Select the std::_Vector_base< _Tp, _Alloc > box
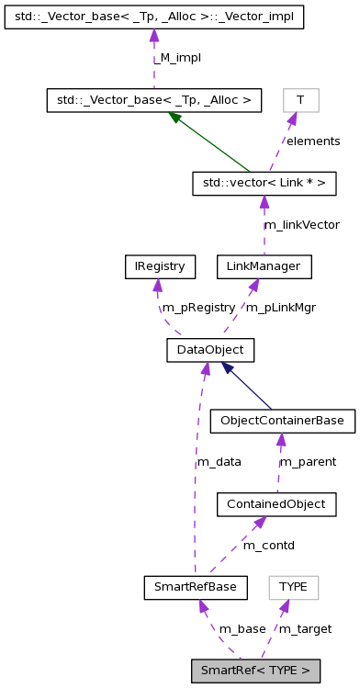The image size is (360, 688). pyautogui.click(x=154, y=99)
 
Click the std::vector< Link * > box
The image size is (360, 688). pyautogui.click(x=264, y=183)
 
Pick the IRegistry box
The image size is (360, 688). pyautogui.click(x=155, y=266)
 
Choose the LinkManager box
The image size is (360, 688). pyautogui.click(x=264, y=266)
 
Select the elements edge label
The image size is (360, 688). pyautogui.click(x=312, y=141)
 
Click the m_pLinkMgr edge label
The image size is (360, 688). pyautogui.click(x=281, y=308)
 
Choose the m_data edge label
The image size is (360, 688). pyautogui.click(x=219, y=462)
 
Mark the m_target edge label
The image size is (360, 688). pyautogui.click(x=305, y=629)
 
